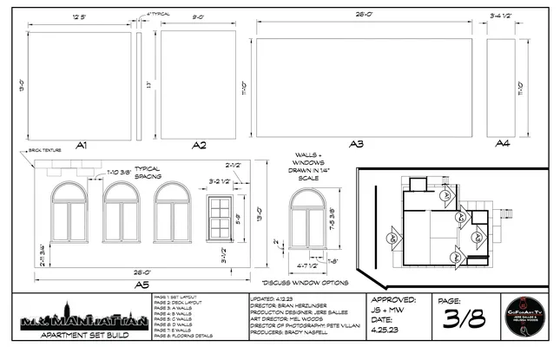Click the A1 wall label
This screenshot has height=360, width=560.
pos(82,145)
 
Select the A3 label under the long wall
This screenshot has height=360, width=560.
pos(356,145)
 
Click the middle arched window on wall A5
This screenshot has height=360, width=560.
pos(122,217)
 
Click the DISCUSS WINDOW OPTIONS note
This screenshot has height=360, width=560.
pos(305,282)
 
